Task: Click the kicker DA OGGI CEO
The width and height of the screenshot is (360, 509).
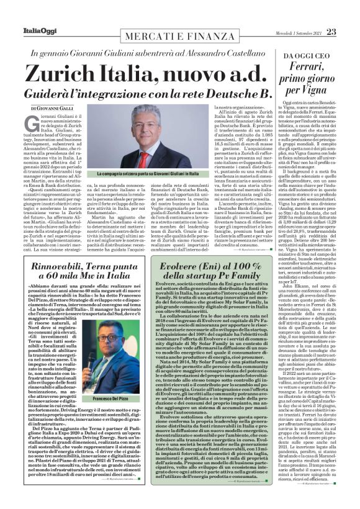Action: [309, 56]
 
